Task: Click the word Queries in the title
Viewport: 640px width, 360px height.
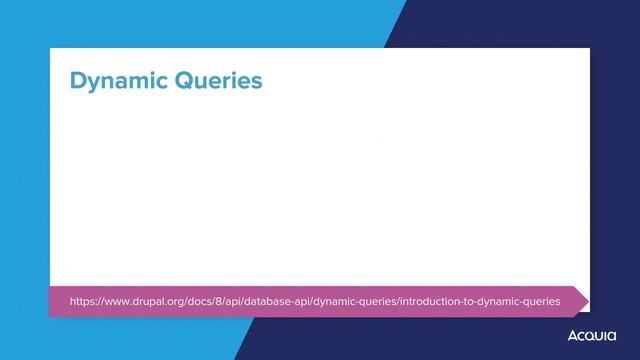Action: coord(216,81)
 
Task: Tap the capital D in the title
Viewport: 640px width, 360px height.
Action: coord(78,80)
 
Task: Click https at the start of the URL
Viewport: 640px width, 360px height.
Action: coord(83,301)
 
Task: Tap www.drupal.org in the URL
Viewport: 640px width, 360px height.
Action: coord(143,301)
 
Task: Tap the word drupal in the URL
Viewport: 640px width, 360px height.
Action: coord(148,301)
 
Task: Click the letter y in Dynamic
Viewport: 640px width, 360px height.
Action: coord(95,83)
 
